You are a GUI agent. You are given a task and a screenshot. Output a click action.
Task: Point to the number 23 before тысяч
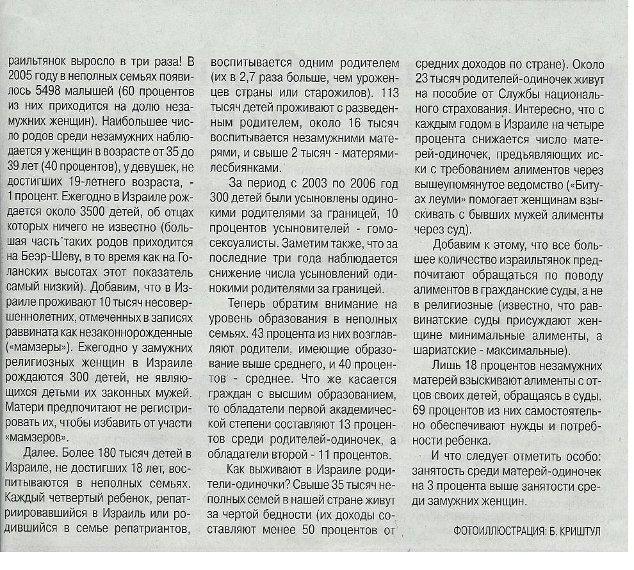(423, 80)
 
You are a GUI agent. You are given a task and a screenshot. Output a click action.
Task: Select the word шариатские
(453, 351)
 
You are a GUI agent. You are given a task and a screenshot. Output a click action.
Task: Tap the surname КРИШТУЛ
(581, 531)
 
